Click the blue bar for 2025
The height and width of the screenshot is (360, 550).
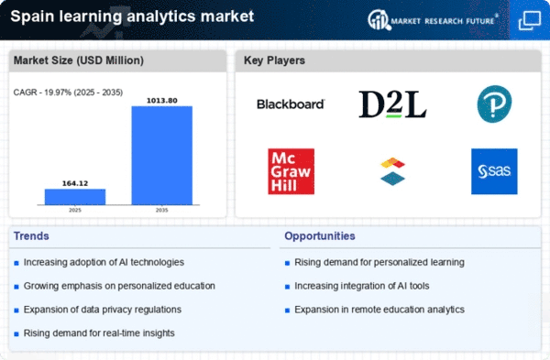tap(75, 197)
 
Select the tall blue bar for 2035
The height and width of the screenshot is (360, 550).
tap(162, 156)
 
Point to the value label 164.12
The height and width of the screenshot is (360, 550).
tap(75, 183)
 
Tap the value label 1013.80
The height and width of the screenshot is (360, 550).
tap(162, 101)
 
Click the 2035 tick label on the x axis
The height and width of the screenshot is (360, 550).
tap(161, 211)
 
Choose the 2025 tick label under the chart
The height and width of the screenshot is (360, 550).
tap(75, 211)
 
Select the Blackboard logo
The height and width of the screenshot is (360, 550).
tap(291, 104)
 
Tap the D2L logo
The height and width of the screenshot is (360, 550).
tap(392, 104)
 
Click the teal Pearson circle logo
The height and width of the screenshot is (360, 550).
tap(495, 104)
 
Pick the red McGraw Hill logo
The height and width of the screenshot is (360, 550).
tap(291, 171)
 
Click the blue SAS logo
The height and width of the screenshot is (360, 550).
tap(494, 171)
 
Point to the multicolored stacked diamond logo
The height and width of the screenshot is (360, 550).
tap(392, 171)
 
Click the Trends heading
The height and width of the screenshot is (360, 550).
tap(31, 236)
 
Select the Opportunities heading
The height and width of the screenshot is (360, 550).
tap(320, 236)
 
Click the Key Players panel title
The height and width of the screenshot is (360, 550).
tap(274, 60)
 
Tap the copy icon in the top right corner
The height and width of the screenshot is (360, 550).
tap(529, 20)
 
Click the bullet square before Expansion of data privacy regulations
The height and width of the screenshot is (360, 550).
tap(16, 311)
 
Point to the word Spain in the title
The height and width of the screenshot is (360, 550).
tap(32, 16)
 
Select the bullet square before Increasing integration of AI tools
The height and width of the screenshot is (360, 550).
tap(287, 287)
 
